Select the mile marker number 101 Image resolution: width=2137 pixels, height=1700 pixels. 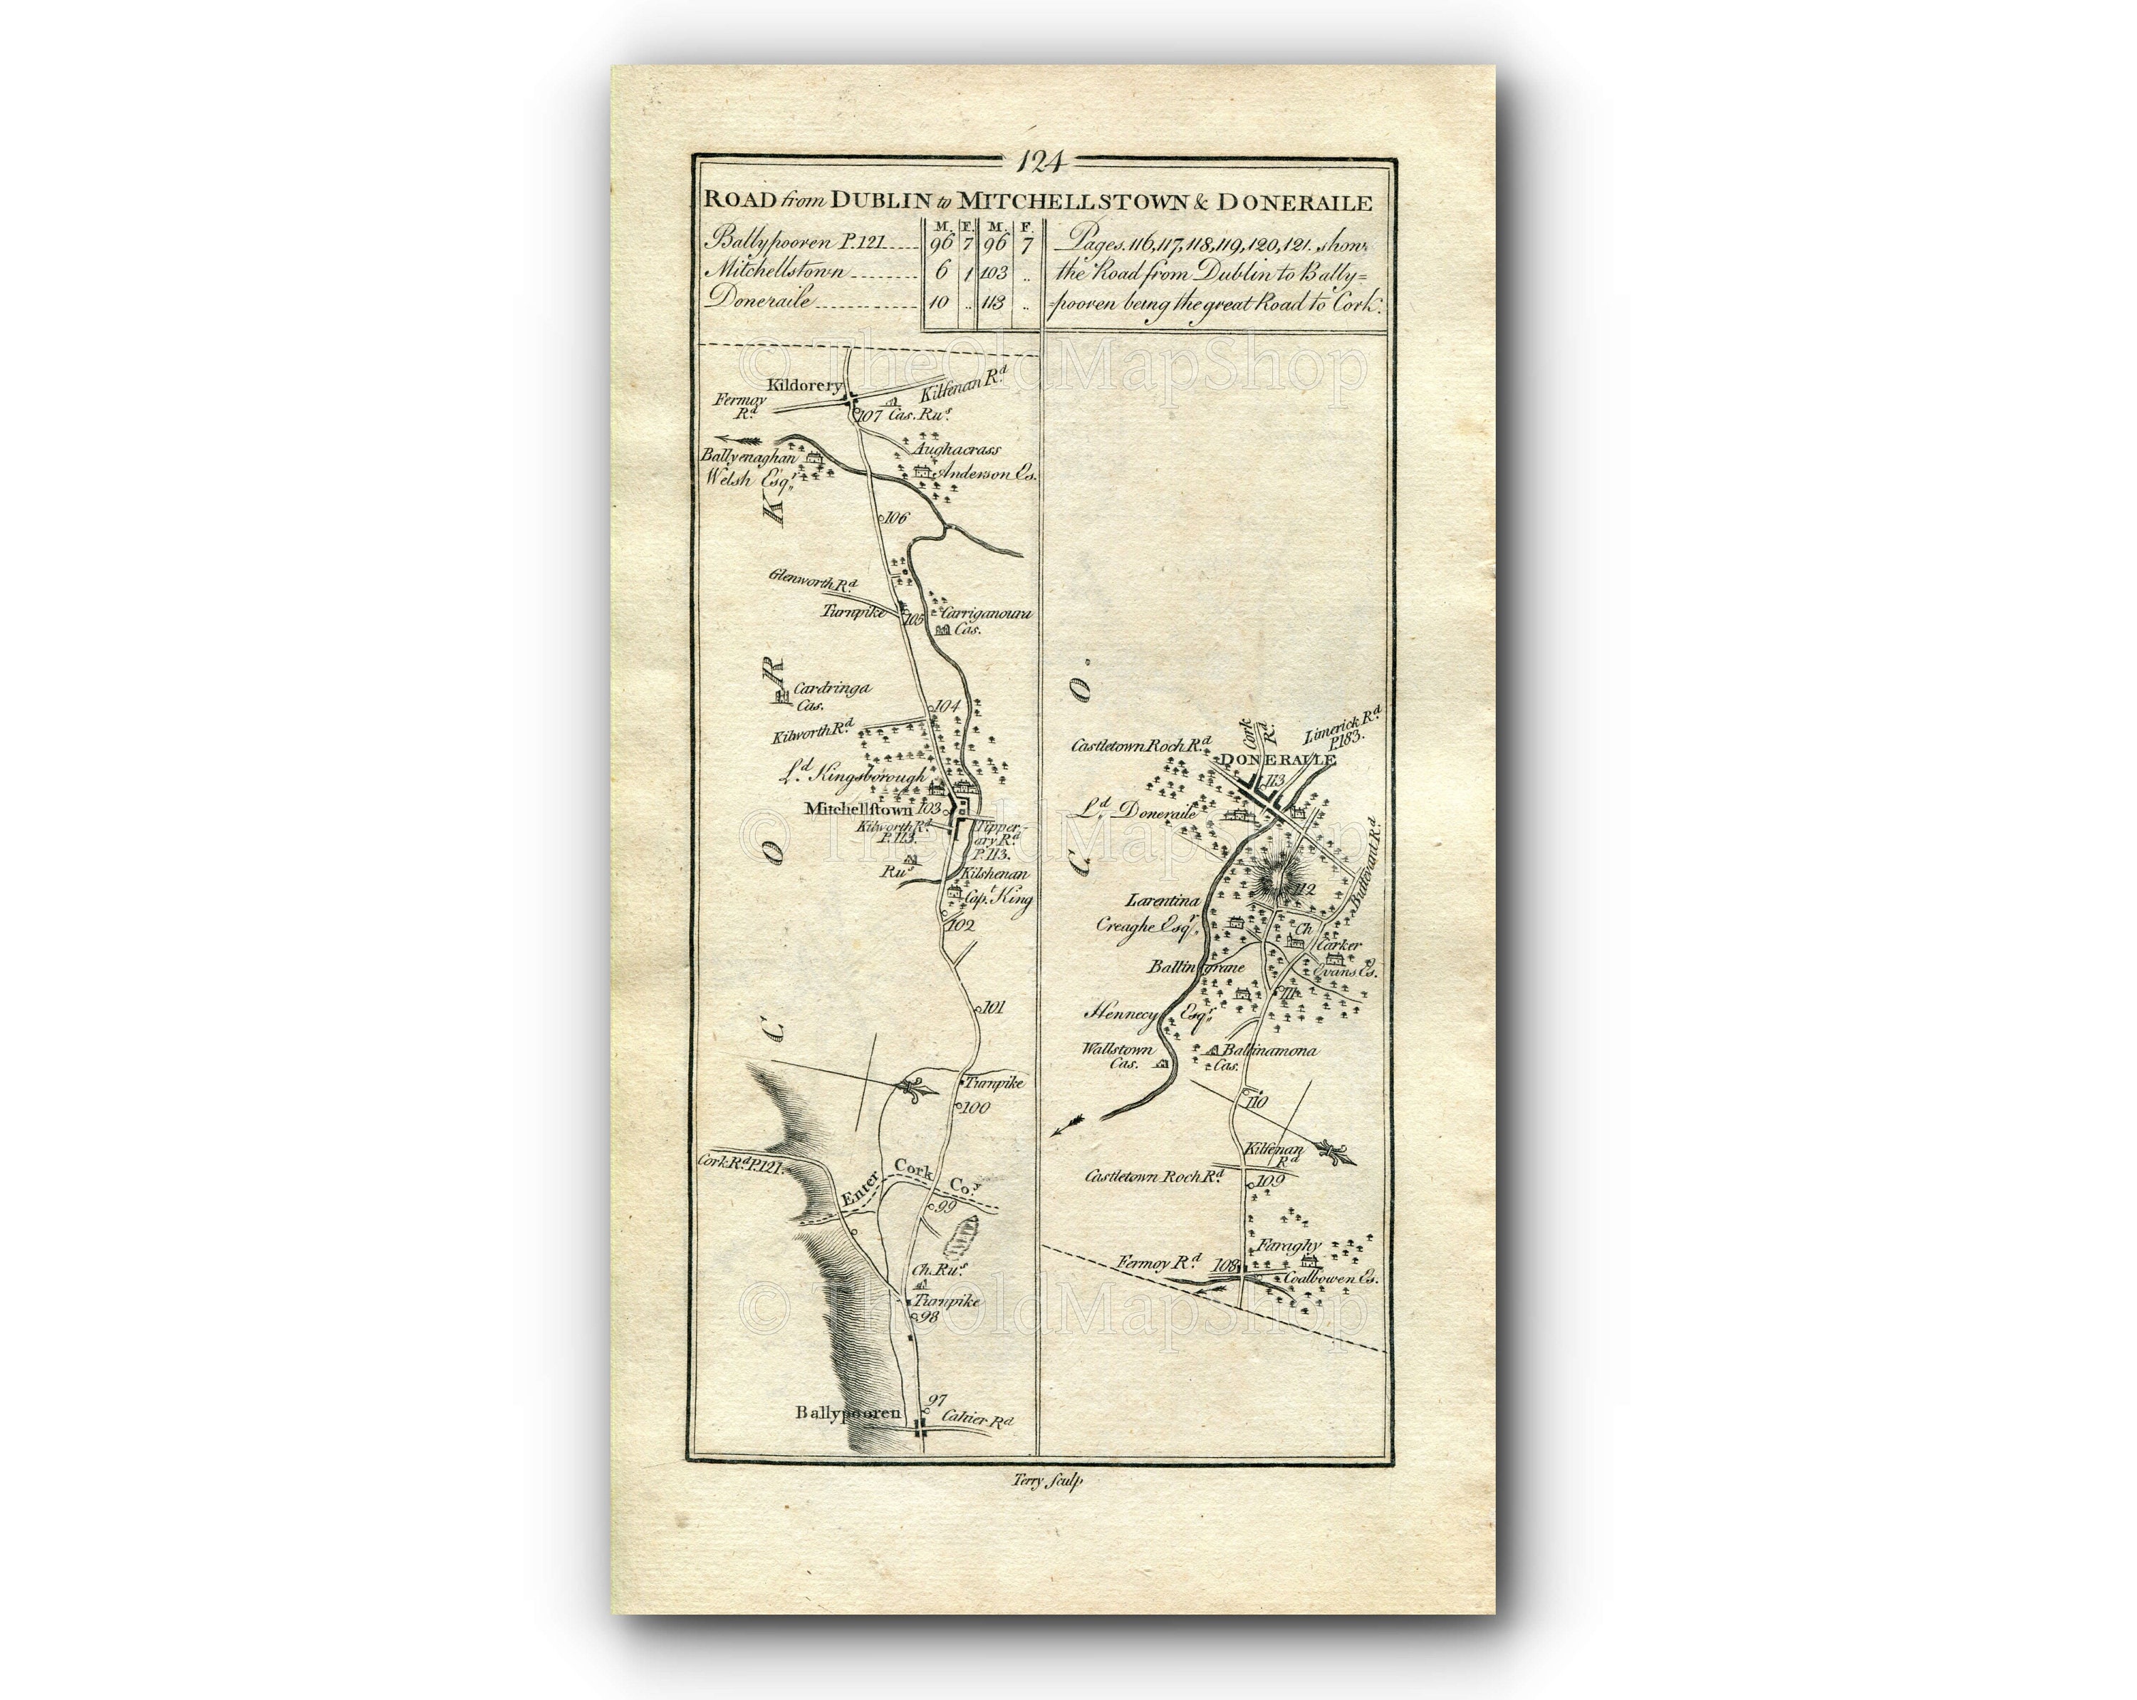[x=989, y=1008]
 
